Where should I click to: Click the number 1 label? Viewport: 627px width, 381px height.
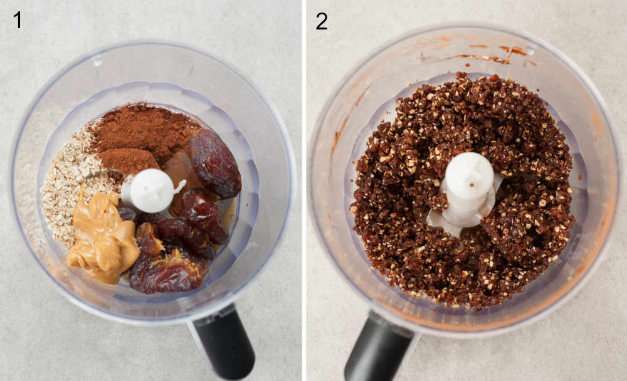click(x=18, y=20)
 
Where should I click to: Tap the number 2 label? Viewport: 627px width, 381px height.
click(x=322, y=21)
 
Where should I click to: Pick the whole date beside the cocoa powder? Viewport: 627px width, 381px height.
click(x=215, y=163)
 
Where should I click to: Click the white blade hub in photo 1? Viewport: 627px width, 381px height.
click(x=151, y=190)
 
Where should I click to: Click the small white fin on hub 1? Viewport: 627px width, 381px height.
click(x=180, y=186)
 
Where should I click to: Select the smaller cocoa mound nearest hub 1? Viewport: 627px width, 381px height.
click(x=129, y=160)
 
